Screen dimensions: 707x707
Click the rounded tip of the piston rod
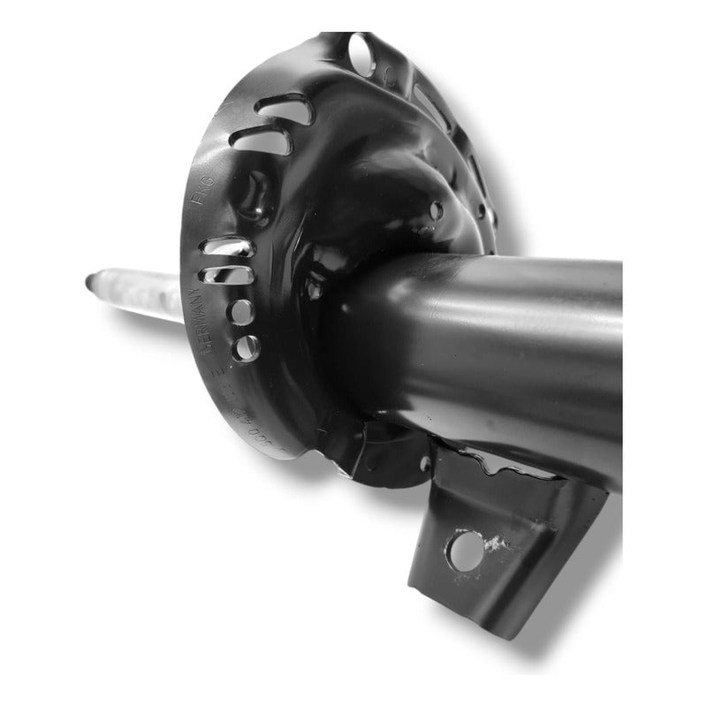pyautogui.click(x=92, y=283)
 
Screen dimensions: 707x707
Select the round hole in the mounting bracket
pyautogui.click(x=465, y=550)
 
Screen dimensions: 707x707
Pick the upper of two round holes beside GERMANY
pyautogui.click(x=240, y=312)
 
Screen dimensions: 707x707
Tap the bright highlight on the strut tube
pyautogui.click(x=530, y=309)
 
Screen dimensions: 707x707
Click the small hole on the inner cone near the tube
pyautogui.click(x=436, y=210)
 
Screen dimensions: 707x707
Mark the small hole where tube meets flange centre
pyautogui.click(x=314, y=289)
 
